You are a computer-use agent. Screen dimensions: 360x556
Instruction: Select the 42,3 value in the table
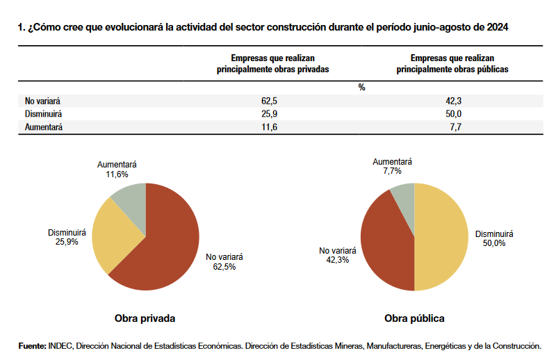[455, 101]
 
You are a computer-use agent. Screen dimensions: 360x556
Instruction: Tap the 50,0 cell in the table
[455, 114]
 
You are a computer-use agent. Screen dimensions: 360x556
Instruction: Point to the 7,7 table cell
[455, 127]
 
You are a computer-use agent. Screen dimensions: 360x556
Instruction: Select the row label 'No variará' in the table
[43, 101]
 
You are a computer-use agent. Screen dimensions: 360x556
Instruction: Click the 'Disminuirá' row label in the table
[44, 114]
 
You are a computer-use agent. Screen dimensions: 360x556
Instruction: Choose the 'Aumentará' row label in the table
[43, 127]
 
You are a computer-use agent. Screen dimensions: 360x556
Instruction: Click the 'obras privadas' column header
[272, 64]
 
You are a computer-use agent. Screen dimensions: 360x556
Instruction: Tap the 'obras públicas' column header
[452, 64]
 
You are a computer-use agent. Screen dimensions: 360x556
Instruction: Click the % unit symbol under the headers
[361, 88]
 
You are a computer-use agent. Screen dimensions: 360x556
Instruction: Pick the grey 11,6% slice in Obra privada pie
[131, 199]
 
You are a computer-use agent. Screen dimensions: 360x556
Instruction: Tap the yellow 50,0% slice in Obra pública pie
[441, 236]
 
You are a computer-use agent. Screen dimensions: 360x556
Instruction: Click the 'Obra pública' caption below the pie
[414, 319]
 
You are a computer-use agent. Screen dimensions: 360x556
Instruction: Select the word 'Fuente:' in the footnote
[32, 345]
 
